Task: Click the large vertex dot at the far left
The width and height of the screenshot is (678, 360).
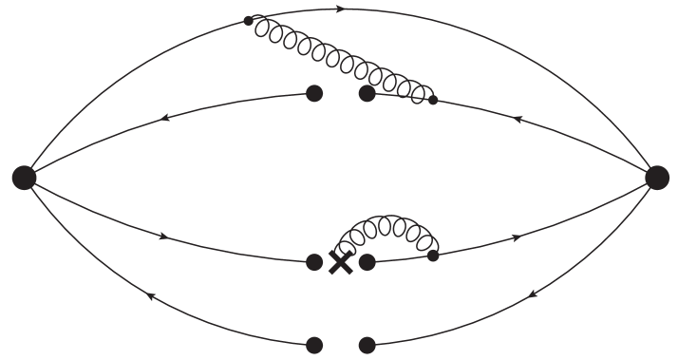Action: (x=24, y=177)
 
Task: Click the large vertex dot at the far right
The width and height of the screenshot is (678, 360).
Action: (x=656, y=177)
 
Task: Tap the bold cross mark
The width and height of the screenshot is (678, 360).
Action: (x=340, y=262)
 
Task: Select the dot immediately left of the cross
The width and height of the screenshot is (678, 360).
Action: (x=315, y=262)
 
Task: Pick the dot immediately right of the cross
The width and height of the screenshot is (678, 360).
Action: (x=367, y=261)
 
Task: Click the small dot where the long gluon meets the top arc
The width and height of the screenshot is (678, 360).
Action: (x=249, y=20)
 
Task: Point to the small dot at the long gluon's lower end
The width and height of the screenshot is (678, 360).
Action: (x=433, y=100)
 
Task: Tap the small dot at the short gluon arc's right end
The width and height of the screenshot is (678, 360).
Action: (x=433, y=255)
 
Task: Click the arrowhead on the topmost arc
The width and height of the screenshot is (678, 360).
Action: (x=341, y=9)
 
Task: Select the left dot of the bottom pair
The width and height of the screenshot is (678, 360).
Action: (x=315, y=344)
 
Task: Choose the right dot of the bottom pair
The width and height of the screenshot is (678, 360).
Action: (x=367, y=344)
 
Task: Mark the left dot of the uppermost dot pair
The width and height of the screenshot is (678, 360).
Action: (x=315, y=93)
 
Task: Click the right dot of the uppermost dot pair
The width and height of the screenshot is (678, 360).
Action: (x=367, y=93)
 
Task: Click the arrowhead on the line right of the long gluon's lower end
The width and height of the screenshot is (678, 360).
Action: (x=517, y=121)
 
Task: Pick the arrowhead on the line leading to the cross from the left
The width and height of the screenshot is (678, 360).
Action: (x=165, y=235)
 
